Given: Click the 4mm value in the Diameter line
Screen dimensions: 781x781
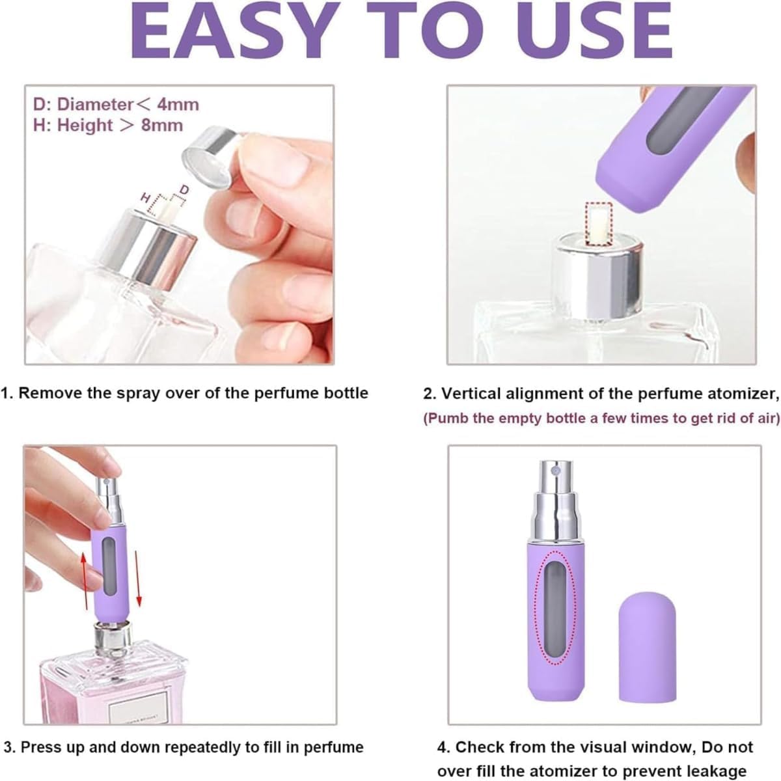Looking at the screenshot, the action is click(x=178, y=105).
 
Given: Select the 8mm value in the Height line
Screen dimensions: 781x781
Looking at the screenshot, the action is click(x=161, y=125).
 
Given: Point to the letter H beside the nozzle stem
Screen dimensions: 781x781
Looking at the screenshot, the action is click(x=144, y=198).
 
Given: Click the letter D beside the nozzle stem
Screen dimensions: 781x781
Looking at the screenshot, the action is click(x=184, y=189).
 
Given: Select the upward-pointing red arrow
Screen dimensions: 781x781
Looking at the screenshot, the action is click(x=85, y=582).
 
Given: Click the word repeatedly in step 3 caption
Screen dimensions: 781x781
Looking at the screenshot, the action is click(x=199, y=747).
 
